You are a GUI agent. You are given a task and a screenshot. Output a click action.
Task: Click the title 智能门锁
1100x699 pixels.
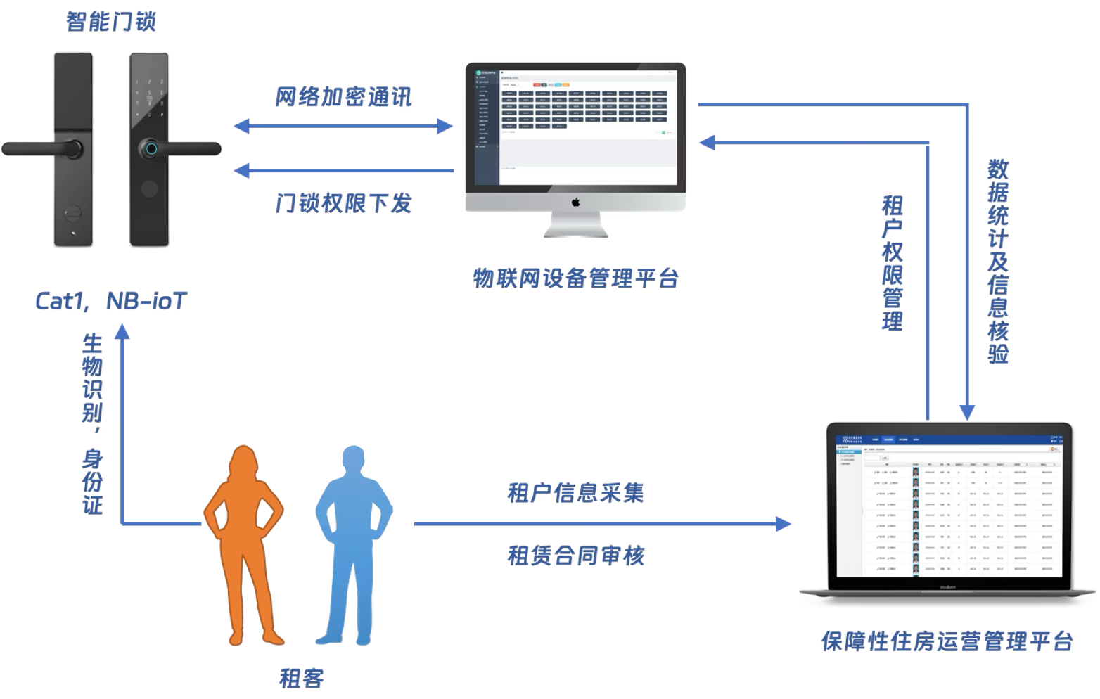(x=110, y=22)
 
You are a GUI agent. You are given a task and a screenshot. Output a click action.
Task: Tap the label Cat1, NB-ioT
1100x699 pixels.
(x=111, y=302)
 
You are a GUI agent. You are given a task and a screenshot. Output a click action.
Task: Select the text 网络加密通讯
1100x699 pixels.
(x=343, y=97)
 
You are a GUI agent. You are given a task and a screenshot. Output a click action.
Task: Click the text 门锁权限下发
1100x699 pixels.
(x=343, y=204)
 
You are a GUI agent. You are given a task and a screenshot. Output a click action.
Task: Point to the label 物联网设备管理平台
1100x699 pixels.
(x=575, y=279)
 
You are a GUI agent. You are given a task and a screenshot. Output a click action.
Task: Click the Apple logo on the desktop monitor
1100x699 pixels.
(x=575, y=202)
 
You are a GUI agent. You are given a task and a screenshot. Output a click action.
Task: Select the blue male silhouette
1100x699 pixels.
(x=351, y=541)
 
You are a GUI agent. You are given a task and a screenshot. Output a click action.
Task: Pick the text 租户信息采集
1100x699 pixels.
(x=575, y=492)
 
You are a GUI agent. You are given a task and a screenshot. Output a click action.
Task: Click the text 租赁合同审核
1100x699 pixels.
(x=575, y=556)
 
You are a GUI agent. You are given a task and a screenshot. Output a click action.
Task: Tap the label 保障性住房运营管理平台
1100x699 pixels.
(x=947, y=641)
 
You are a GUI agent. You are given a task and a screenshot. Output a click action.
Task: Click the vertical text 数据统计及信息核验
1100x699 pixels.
(x=998, y=260)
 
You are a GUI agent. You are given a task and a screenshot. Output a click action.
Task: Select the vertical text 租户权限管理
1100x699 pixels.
(x=892, y=264)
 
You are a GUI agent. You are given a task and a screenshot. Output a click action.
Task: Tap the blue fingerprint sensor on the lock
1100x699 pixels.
(x=151, y=148)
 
